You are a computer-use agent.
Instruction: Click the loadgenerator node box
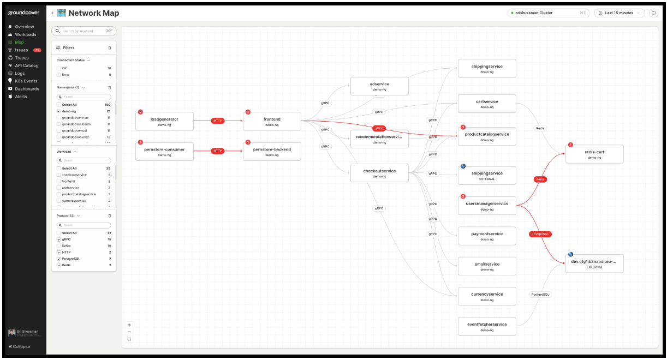164,121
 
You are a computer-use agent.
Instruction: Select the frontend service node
272,121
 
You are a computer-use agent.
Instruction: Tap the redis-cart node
594,154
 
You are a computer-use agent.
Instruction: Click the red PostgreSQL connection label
540,234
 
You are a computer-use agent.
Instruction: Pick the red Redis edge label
540,179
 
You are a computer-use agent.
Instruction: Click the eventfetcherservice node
486,326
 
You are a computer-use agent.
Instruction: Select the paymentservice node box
486,236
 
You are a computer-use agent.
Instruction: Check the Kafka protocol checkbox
59,246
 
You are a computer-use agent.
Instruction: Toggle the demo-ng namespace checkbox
59,111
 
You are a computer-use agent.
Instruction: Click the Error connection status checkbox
59,75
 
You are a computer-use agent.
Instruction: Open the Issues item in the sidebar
21,50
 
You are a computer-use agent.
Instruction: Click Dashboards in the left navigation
27,89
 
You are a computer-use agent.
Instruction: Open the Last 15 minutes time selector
619,13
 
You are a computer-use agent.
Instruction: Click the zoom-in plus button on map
129,325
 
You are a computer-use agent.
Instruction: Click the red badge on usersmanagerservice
463,196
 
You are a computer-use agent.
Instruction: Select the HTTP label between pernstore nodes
218,151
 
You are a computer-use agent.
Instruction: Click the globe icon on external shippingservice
463,166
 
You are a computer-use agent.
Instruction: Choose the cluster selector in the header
547,13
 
